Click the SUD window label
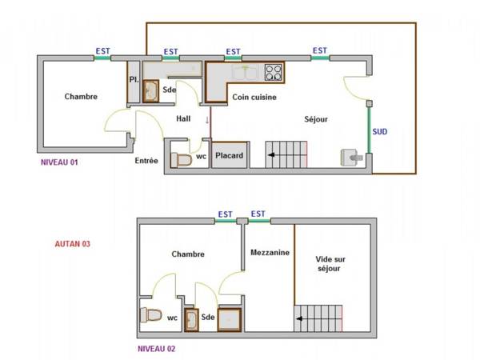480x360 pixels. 380,130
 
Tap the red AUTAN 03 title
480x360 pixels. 71,244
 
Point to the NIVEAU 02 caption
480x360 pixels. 156,349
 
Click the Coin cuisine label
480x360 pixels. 254,98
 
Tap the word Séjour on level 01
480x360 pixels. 316,119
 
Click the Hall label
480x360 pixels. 184,118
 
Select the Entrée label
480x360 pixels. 146,160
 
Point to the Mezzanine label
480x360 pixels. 269,252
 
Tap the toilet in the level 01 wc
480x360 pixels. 182,159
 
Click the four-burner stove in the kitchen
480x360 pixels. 274,73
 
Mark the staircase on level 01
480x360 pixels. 286,154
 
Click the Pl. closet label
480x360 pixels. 134,79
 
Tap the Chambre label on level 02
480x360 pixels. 188,254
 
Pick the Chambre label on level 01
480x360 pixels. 81,97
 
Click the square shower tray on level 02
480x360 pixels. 230,319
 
